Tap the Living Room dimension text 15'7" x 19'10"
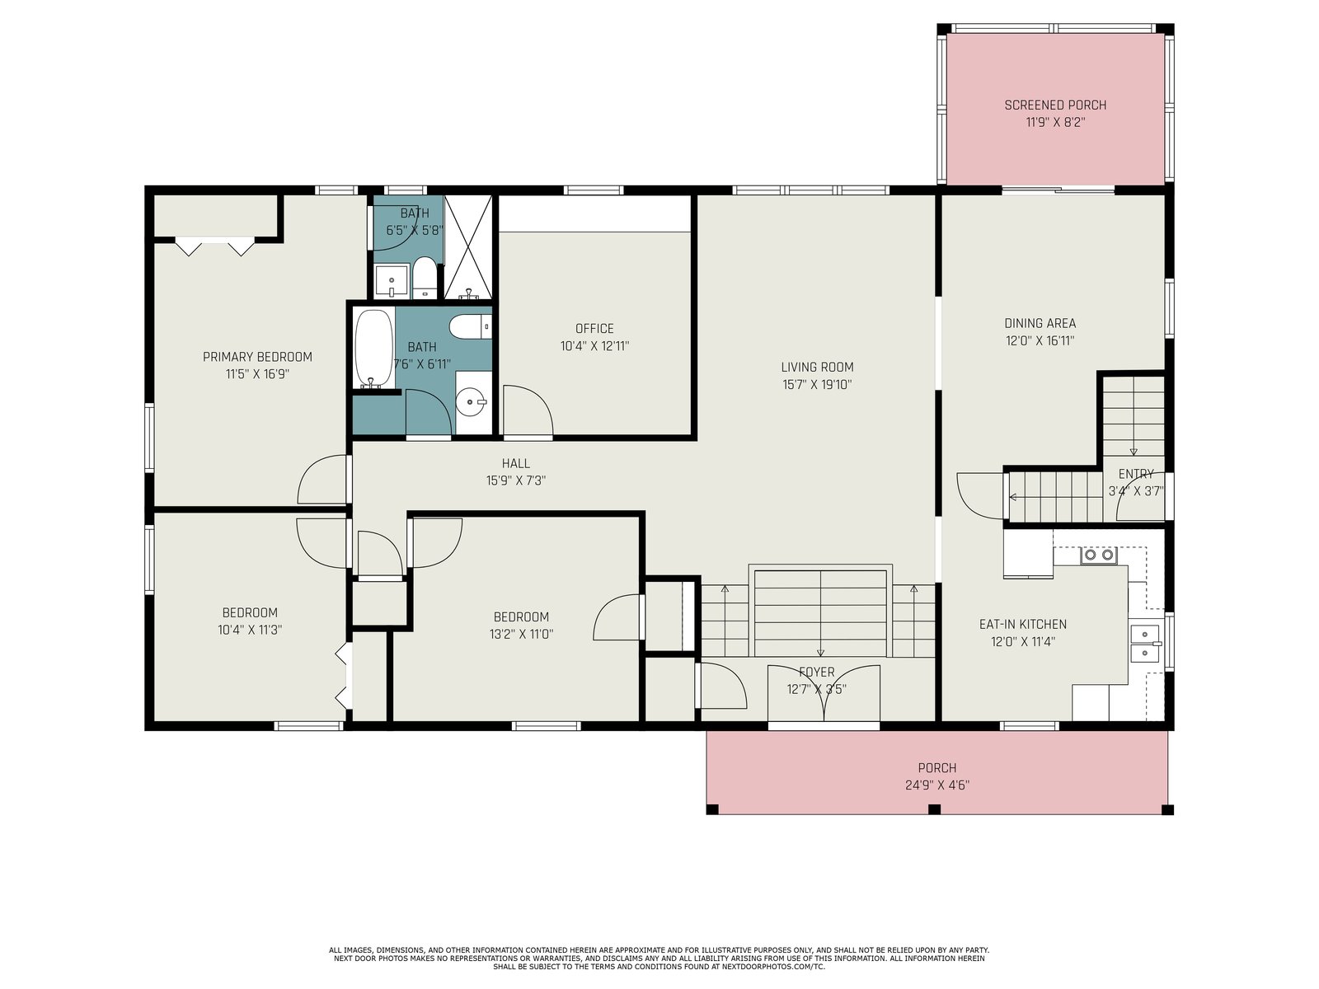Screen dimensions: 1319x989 point(817,384)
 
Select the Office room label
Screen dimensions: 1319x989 point(594,329)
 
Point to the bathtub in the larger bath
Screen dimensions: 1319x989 point(373,349)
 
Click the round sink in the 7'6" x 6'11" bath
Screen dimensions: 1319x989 point(471,401)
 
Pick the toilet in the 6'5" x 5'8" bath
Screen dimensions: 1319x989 point(425,278)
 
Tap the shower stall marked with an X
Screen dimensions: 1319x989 point(468,246)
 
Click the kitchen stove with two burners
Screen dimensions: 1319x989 point(1099,555)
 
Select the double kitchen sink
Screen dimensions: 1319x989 point(1144,643)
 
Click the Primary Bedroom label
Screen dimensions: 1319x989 point(257,357)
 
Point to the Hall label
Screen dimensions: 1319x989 point(515,463)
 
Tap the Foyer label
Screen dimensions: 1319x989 point(816,672)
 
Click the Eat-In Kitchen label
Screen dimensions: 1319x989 point(1023,624)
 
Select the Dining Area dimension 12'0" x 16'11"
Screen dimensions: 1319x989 point(1040,340)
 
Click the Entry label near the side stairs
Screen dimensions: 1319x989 point(1136,474)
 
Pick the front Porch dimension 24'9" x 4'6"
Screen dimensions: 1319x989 point(936,785)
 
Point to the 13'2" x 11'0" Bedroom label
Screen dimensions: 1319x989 point(521,616)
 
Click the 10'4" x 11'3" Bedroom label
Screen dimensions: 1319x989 point(250,612)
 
